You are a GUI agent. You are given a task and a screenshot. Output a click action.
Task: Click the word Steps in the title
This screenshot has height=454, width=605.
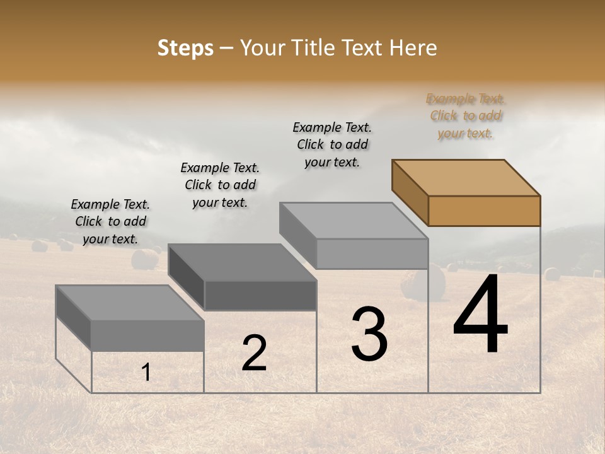[x=185, y=48]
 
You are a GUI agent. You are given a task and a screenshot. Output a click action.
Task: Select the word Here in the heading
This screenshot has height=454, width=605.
[x=413, y=48]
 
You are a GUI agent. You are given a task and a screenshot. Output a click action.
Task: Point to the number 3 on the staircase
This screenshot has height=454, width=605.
[x=369, y=334]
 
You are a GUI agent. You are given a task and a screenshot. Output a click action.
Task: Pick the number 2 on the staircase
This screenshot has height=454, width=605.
[x=254, y=353]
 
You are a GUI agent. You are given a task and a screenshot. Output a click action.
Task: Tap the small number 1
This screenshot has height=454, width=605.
[x=146, y=373]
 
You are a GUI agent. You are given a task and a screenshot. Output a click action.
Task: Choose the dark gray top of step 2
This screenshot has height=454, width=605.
[x=242, y=262]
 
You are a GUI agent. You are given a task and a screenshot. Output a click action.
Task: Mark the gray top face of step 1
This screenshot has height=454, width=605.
[x=130, y=303]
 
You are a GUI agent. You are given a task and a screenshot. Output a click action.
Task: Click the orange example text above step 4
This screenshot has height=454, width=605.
[x=466, y=116]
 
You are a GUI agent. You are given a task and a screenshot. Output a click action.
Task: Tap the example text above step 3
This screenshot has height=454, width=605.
[x=332, y=145]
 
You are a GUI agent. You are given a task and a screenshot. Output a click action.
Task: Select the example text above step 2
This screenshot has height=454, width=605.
[x=220, y=185]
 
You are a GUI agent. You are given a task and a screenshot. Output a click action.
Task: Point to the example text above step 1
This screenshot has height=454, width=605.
[x=110, y=221]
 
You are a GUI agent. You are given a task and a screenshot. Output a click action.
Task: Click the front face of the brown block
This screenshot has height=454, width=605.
[x=484, y=211]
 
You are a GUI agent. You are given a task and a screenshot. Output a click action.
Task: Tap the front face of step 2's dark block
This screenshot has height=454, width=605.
[x=260, y=296]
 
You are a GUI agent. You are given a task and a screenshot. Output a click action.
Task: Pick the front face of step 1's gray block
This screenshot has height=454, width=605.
[x=147, y=335]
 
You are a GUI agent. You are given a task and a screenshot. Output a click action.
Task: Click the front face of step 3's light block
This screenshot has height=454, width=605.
[x=372, y=254]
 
